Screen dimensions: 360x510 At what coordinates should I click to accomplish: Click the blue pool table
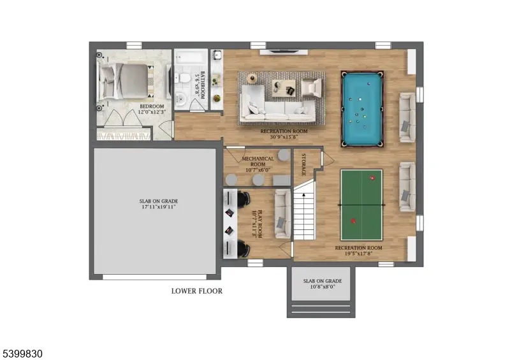click(x=362, y=108)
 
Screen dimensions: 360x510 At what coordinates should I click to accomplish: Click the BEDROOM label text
click(x=152, y=106)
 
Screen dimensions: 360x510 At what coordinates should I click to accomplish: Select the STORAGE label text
click(x=304, y=164)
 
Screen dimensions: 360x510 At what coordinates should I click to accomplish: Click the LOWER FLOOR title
click(x=197, y=291)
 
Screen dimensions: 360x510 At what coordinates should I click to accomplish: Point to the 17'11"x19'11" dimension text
click(x=158, y=207)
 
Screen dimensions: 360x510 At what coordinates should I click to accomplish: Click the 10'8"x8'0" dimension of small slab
click(x=322, y=287)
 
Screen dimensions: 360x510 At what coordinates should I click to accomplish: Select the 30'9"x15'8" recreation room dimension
click(x=284, y=137)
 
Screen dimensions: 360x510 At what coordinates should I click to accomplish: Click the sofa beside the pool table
click(x=405, y=116)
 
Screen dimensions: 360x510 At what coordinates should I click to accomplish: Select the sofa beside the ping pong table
click(x=405, y=186)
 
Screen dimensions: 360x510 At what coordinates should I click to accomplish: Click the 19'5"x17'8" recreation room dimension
click(x=358, y=253)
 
